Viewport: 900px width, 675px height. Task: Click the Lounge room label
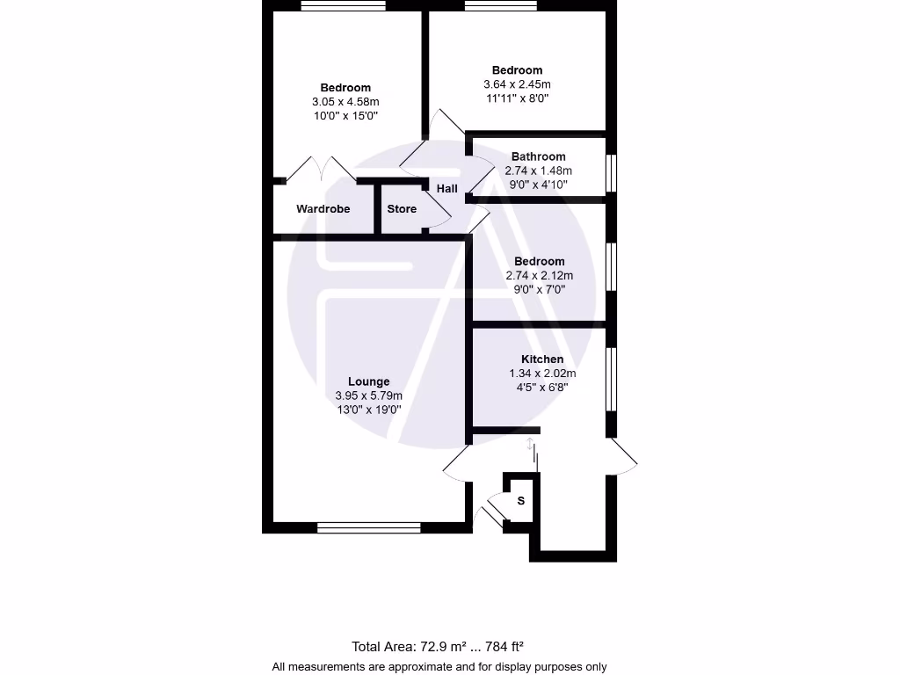coord(368,381)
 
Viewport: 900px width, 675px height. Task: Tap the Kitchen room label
coord(542,359)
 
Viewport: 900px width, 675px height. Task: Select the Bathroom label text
coord(538,157)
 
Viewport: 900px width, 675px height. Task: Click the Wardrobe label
coord(323,209)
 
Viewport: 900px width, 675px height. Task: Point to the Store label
coord(402,209)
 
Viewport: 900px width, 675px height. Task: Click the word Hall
coord(446,189)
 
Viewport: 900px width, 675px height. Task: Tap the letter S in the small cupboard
coord(520,501)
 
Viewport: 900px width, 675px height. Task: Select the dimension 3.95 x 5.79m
coord(368,396)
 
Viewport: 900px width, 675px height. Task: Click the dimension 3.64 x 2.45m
coord(517,84)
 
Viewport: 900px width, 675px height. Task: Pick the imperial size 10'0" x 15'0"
coord(345,116)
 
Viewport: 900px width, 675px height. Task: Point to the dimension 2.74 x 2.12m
coord(539,276)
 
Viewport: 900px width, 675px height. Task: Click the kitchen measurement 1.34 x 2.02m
coord(542,374)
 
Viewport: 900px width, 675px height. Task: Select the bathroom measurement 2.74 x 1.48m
coord(538,171)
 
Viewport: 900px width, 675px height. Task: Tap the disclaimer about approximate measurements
coord(439,667)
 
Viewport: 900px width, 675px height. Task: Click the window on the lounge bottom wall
coord(369,528)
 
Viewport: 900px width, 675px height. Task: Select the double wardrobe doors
coord(322,169)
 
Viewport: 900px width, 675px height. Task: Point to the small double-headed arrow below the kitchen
coord(530,445)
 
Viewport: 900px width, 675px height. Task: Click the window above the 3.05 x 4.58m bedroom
coord(343,6)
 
